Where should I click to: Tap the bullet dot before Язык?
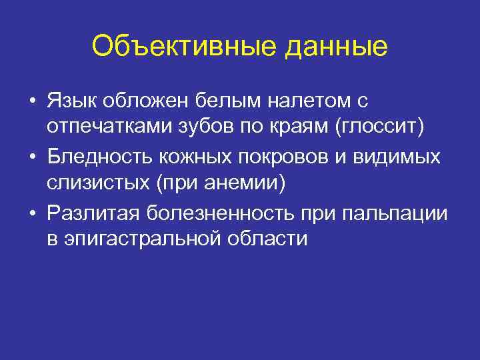pyautogui.click(x=32, y=101)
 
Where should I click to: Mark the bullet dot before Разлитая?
pyautogui.click(x=32, y=213)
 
